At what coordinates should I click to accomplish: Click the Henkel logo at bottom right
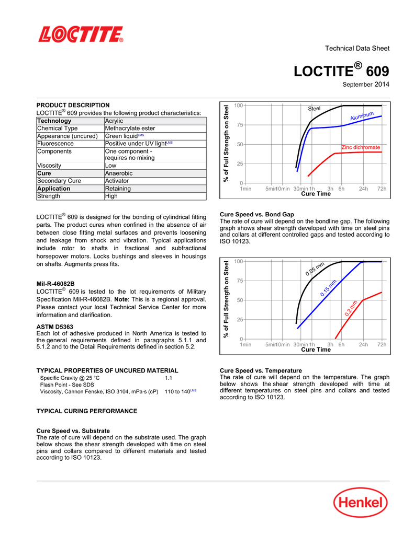tap(361, 504)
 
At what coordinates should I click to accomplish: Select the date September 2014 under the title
tap(366, 84)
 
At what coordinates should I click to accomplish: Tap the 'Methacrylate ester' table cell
tap(130, 129)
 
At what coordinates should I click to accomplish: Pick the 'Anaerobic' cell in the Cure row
tap(119, 173)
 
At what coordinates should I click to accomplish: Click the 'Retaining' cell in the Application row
tap(118, 189)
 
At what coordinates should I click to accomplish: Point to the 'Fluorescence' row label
tap(55, 144)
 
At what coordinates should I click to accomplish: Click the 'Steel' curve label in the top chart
tap(314, 109)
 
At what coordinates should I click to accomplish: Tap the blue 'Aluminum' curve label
tap(362, 117)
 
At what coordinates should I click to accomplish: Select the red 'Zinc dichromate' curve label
tap(361, 148)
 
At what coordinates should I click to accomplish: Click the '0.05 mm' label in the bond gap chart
tap(316, 269)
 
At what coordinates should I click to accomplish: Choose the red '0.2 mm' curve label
tap(351, 308)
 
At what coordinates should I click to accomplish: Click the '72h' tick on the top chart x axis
tap(382, 189)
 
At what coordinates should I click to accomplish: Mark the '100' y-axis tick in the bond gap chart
tap(239, 261)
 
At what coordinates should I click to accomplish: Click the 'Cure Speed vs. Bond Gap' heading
tap(257, 215)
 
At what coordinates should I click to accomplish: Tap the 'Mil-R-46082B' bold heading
tap(55, 284)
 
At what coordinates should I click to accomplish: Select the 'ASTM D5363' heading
tap(54, 327)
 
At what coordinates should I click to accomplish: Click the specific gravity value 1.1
tap(169, 377)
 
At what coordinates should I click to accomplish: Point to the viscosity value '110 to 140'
tap(177, 391)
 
